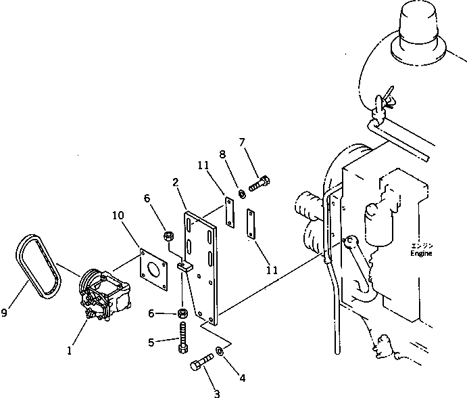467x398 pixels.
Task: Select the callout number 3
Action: coord(217,392)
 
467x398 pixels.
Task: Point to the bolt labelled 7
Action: coord(261,182)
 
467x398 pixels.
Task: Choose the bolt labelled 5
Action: coord(184,336)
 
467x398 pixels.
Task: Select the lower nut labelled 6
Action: coord(183,313)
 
